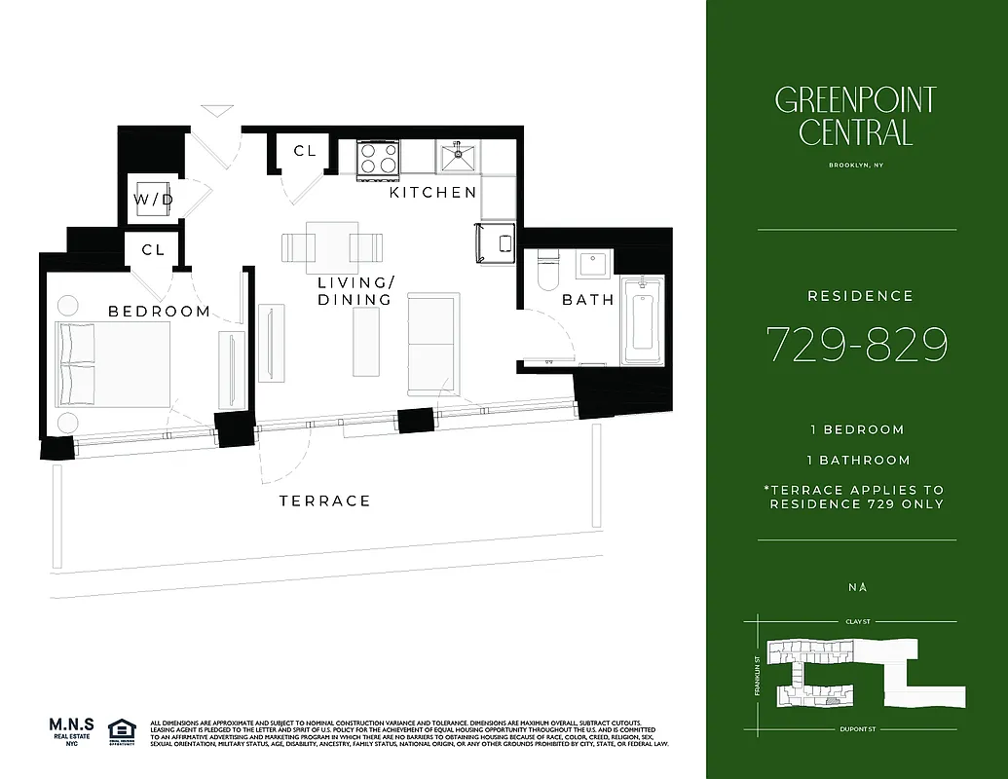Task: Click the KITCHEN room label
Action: click(433, 193)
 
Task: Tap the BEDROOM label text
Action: click(159, 312)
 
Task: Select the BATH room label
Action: click(588, 300)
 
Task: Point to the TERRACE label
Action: click(324, 501)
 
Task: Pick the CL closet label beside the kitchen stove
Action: click(305, 151)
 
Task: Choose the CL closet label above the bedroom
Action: click(153, 249)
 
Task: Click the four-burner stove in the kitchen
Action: click(378, 158)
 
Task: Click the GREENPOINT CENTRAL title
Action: click(855, 115)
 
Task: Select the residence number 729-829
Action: click(856, 344)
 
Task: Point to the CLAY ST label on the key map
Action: click(855, 620)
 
